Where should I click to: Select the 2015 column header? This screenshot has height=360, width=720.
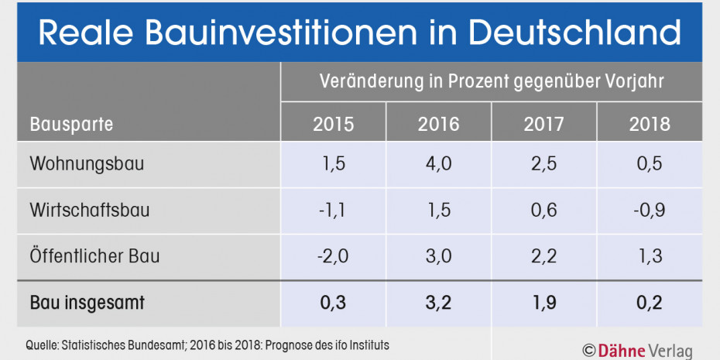tap(333, 124)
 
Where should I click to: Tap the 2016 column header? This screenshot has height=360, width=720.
tap(438, 124)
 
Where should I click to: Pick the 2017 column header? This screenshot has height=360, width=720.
tap(543, 124)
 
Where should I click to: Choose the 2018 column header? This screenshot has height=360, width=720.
tap(650, 124)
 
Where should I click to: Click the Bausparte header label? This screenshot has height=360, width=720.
tap(71, 124)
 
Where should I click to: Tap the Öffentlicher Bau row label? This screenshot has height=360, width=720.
tap(94, 256)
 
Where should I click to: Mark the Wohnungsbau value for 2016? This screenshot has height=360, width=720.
tap(438, 164)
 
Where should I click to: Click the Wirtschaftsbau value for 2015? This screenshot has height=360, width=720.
tap(333, 211)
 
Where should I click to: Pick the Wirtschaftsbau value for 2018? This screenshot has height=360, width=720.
tap(650, 211)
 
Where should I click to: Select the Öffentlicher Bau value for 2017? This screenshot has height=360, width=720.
tap(543, 256)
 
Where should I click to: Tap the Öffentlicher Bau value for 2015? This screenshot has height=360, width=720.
tap(333, 256)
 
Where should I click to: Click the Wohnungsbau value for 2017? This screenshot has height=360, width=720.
tap(543, 164)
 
